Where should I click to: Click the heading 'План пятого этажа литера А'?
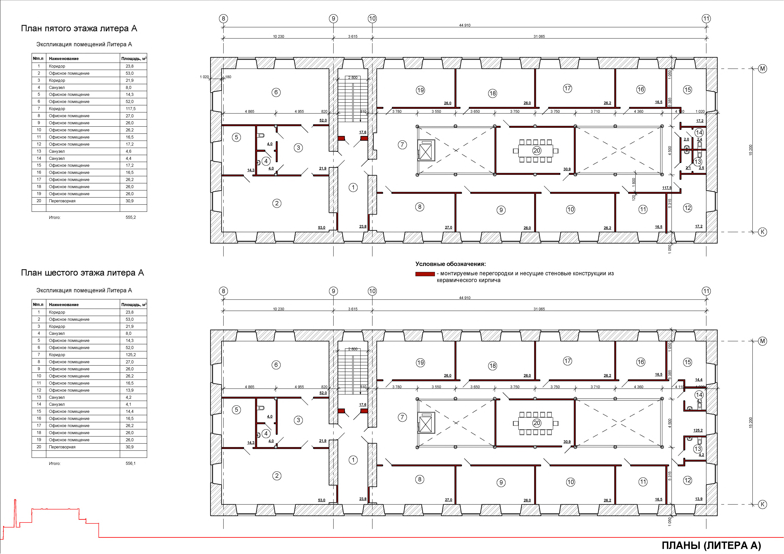pos(79,28)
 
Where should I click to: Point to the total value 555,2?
pos(130,217)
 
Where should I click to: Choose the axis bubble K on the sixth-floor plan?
pos(763,504)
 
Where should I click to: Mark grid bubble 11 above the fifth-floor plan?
pos(706,19)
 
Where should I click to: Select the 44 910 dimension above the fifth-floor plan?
pos(465,25)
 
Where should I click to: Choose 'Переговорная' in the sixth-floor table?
pos(62,447)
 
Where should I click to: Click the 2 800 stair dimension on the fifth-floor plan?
pos(353,77)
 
